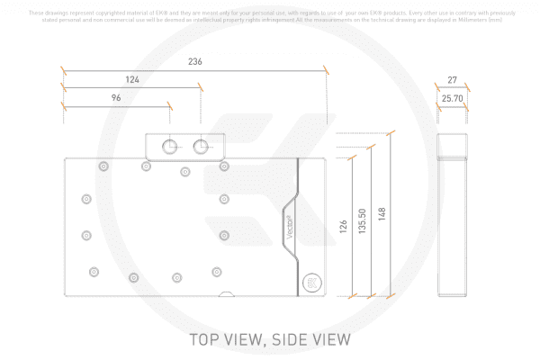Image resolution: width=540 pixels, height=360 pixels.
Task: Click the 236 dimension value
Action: click(x=194, y=61)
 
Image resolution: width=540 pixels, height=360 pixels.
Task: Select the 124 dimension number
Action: click(x=132, y=80)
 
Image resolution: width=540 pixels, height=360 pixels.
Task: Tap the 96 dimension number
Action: click(x=116, y=97)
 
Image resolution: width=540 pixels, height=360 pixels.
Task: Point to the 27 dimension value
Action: click(x=452, y=80)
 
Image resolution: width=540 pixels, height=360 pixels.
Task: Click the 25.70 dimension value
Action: click(x=452, y=97)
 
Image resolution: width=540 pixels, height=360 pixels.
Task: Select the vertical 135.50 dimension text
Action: click(x=363, y=222)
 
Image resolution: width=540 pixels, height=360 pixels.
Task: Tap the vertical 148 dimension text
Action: click(x=382, y=214)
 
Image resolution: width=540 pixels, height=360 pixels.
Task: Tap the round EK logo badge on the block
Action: click(x=311, y=282)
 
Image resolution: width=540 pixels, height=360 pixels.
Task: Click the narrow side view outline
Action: click(x=452, y=216)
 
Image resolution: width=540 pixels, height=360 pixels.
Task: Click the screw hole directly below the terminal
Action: click(x=185, y=171)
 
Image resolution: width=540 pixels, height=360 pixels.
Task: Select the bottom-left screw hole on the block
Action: click(x=93, y=271)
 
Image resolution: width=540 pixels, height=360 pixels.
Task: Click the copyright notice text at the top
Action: click(x=270, y=15)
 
